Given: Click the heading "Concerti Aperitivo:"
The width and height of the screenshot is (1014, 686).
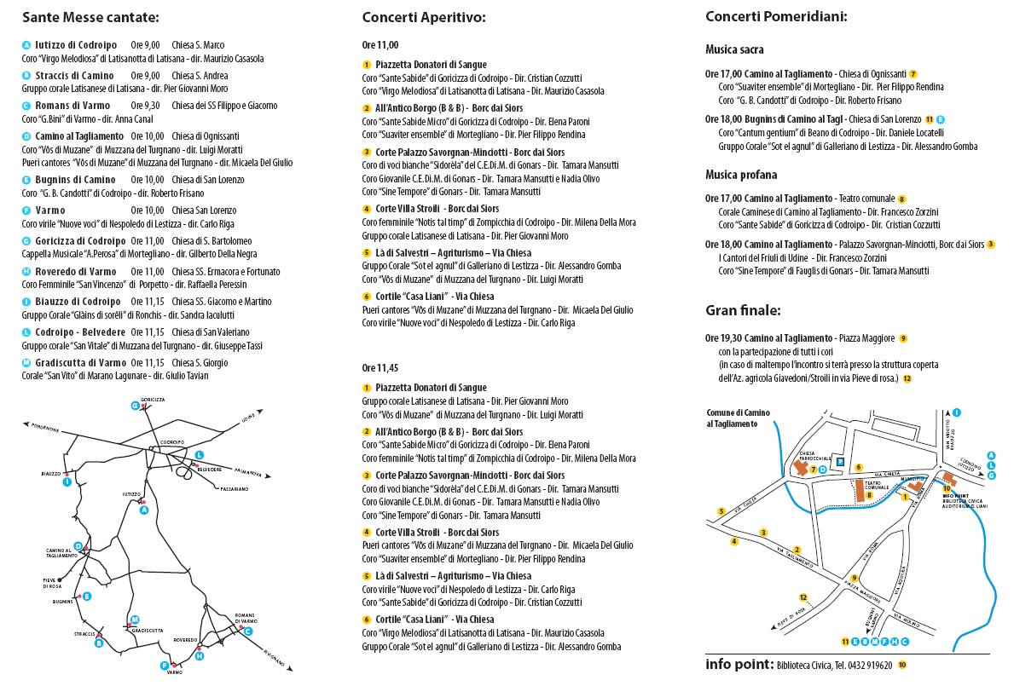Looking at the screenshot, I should click(424, 17).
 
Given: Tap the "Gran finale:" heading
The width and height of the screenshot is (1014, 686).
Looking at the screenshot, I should click(743, 310).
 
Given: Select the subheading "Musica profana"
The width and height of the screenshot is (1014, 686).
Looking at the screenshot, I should click(741, 175).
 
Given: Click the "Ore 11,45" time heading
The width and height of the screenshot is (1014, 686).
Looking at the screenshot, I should click(380, 367).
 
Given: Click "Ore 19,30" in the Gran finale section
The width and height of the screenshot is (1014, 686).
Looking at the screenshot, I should click(723, 338).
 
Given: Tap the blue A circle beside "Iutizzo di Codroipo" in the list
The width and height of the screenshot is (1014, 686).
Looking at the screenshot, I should click(26, 45).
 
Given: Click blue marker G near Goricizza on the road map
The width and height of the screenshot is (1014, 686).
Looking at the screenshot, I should click(135, 406).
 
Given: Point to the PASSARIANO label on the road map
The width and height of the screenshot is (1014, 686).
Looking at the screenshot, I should click(234, 489).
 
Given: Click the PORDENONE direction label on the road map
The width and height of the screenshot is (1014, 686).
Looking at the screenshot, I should click(42, 426).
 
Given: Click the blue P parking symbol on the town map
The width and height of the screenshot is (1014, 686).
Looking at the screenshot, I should click(840, 462).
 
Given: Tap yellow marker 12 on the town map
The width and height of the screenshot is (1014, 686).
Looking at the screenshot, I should click(803, 597).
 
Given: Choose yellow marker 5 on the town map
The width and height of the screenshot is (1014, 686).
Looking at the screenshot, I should click(721, 512).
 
